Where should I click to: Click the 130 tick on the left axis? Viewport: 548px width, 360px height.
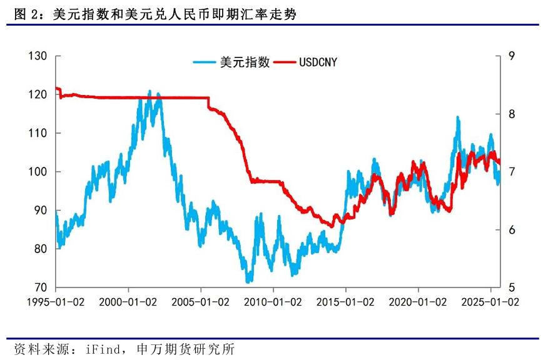click(39, 56)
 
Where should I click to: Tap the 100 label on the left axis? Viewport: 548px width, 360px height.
click(39, 172)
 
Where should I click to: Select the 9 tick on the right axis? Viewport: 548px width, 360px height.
click(511, 56)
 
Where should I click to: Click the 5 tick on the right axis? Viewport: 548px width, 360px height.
click(511, 287)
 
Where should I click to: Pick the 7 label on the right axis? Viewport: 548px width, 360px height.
click(511, 172)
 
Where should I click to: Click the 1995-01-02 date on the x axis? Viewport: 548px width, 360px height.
click(56, 301)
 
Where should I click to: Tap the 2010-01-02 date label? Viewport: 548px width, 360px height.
click(273, 301)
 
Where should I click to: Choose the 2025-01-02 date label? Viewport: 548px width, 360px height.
click(491, 301)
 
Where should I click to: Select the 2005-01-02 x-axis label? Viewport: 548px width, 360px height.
click(201, 301)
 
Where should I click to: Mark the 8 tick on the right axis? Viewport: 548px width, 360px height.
click(511, 114)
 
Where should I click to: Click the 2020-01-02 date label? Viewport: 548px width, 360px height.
click(419, 301)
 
